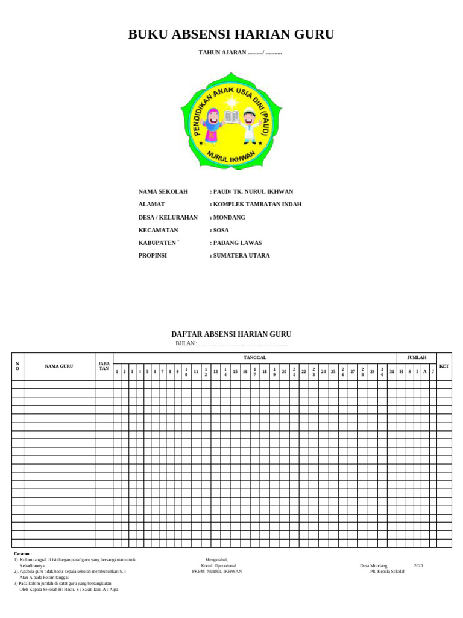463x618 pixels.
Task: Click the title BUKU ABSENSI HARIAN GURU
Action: click(231, 35)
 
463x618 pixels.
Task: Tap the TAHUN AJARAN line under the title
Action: click(240, 53)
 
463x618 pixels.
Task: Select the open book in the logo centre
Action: click(231, 117)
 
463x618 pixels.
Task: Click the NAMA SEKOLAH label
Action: click(163, 191)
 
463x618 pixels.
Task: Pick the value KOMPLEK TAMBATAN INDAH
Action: click(257, 204)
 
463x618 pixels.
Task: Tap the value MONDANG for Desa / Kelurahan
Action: click(229, 217)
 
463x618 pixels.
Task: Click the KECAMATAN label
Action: click(158, 230)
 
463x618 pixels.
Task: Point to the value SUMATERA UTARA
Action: click(241, 255)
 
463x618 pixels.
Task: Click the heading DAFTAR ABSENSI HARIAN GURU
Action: click(231, 334)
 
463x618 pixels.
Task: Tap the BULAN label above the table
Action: click(186, 343)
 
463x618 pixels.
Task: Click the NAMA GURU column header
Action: click(59, 366)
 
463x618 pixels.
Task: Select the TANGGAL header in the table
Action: click(254, 358)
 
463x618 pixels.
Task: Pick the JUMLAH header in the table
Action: click(416, 358)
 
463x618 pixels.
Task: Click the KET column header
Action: click(444, 366)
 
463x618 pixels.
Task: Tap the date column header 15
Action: click(235, 372)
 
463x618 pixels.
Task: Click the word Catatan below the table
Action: click(23, 553)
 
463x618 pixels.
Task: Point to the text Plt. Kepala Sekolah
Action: click(388, 571)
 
